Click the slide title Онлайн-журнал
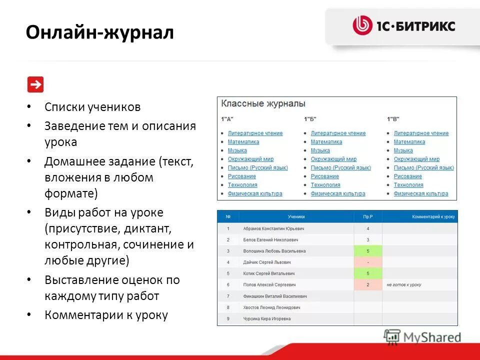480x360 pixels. pos(100,33)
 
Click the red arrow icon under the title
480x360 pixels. pos(35,84)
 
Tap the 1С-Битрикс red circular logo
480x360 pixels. pos(362,25)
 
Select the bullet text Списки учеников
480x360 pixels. pos(92,107)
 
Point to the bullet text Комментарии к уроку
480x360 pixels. pos(106,315)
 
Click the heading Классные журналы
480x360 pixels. pos(263,104)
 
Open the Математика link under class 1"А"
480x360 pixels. pos(243,142)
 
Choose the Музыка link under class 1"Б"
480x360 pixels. pos(320,150)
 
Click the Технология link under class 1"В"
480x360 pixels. pos(408,185)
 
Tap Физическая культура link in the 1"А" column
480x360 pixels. pos(255,193)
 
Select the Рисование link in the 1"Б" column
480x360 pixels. pos(324,176)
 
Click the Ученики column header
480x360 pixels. pos(296,217)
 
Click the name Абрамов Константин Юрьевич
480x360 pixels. pos(273,228)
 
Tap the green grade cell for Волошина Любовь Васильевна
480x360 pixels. pos(368,251)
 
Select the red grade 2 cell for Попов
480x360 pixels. pos(368,284)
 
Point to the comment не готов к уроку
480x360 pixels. pos(403,284)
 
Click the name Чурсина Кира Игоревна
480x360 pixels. pos(266,318)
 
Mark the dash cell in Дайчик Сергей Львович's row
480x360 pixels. pos(368,262)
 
